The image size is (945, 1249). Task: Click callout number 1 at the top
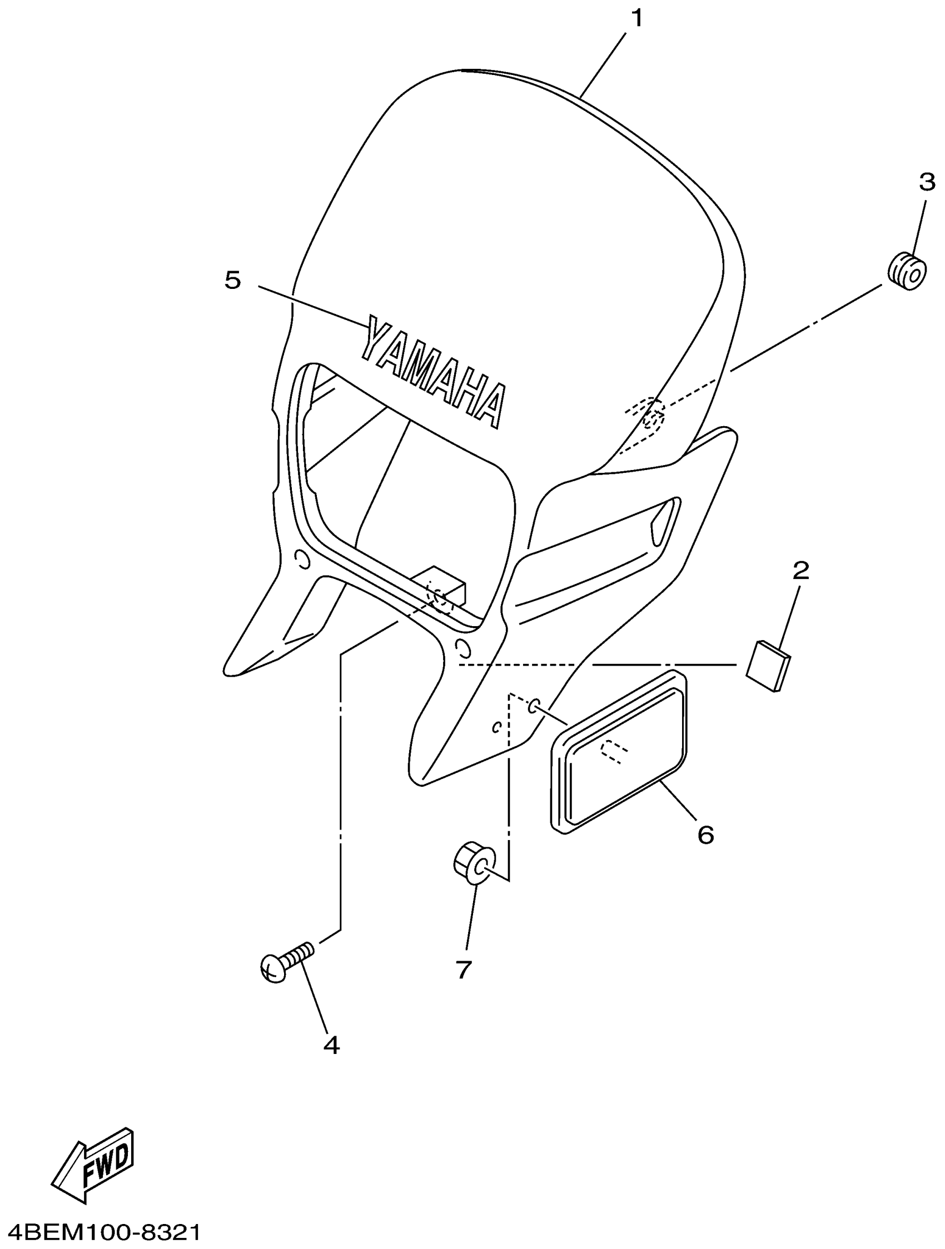point(636,19)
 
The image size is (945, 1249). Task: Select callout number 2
point(800,571)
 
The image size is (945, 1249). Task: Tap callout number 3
point(927,182)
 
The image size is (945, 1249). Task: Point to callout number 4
point(331,1045)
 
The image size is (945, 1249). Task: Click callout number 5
point(233,279)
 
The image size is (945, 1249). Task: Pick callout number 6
point(705,834)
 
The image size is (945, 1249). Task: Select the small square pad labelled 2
point(768,665)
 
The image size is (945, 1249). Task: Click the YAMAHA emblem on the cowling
point(432,371)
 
